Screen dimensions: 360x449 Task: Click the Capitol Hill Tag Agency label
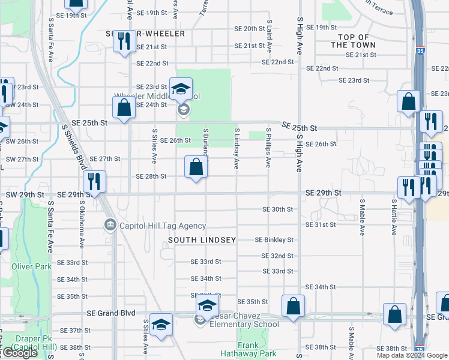pyautogui.click(x=163, y=226)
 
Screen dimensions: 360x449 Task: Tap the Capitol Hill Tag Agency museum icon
pyautogui.click(x=110, y=226)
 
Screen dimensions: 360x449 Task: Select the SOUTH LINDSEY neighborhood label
pyautogui.click(x=202, y=240)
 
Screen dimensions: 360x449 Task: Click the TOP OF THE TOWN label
pyautogui.click(x=354, y=41)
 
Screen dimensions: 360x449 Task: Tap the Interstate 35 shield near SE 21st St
pyautogui.click(x=420, y=52)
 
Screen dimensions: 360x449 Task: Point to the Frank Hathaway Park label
pyautogui.click(x=256, y=349)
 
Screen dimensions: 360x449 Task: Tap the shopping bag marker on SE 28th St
pyautogui.click(x=196, y=166)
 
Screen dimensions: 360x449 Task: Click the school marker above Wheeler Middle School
pyautogui.click(x=181, y=89)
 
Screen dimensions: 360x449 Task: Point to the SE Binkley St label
pyautogui.click(x=274, y=240)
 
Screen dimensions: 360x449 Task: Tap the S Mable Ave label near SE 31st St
pyautogui.click(x=363, y=217)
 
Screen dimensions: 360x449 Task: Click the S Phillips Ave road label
pyautogui.click(x=268, y=147)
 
